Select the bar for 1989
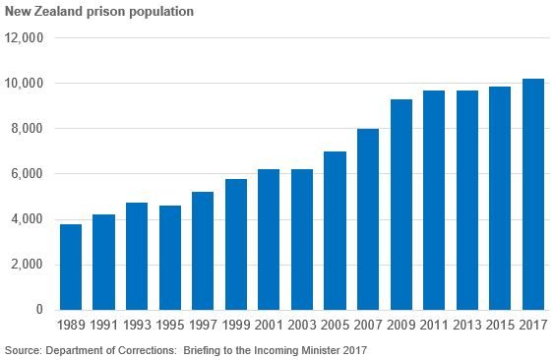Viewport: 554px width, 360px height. [x=71, y=267]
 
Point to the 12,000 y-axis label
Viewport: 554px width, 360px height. [x=26, y=38]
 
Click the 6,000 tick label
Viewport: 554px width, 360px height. [x=29, y=174]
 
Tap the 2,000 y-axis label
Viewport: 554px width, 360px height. [x=29, y=265]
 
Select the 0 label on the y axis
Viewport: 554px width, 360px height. [x=40, y=310]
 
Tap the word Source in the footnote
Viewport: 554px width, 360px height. [x=23, y=350]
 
